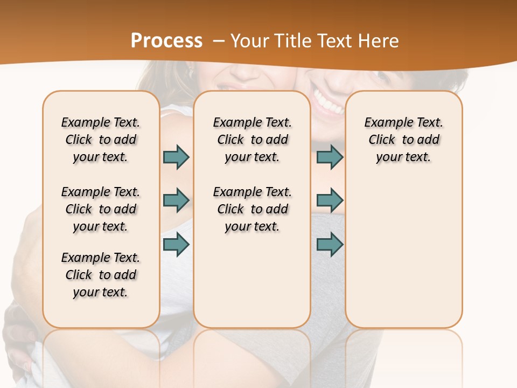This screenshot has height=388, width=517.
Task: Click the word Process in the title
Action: click(x=166, y=41)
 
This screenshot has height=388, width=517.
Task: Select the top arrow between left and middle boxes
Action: click(x=176, y=157)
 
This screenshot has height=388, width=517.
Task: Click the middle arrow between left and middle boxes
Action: click(x=176, y=200)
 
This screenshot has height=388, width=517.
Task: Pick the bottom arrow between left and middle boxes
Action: click(x=176, y=245)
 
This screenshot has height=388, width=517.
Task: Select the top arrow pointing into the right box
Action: click(x=330, y=157)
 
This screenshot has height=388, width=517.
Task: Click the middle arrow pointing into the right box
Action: click(x=330, y=200)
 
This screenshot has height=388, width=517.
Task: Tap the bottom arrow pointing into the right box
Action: click(x=330, y=245)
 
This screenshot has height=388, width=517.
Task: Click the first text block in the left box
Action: click(x=101, y=140)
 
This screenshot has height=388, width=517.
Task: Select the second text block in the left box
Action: click(x=101, y=209)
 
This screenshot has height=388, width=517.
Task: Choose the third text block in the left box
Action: click(x=101, y=275)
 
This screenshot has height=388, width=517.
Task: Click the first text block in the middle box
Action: click(x=252, y=140)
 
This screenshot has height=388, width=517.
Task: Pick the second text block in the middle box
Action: click(x=252, y=209)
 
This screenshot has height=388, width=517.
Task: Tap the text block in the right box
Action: click(x=403, y=140)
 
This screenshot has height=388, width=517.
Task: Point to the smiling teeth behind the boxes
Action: click(x=328, y=103)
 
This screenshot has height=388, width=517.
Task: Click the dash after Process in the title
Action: click(x=218, y=41)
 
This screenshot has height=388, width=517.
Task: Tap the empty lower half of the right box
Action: click(x=403, y=259)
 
